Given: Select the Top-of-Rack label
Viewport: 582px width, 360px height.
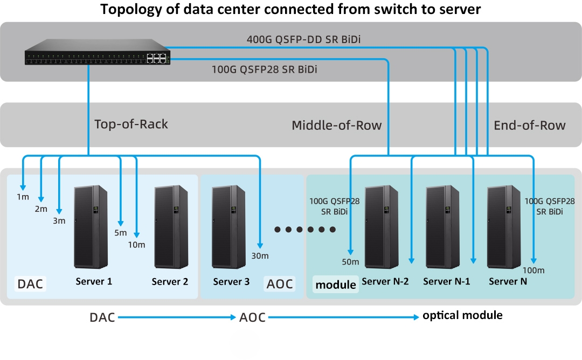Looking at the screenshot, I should (131, 124).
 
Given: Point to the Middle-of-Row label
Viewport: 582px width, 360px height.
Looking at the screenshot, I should (336, 126).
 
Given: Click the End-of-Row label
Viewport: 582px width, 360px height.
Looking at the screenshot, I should (529, 126).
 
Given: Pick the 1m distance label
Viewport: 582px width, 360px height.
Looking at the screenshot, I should (23, 197).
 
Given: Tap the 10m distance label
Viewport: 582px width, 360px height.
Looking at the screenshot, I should (137, 245).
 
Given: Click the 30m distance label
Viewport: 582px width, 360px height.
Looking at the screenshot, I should (260, 255).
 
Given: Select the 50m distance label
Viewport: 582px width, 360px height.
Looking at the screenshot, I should (350, 262).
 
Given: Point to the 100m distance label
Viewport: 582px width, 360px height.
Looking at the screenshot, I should (533, 270).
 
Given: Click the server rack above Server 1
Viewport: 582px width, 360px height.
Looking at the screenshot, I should (91, 226).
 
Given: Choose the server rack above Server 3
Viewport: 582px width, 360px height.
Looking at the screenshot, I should (229, 226).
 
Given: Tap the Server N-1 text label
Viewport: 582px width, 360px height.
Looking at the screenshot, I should (447, 281).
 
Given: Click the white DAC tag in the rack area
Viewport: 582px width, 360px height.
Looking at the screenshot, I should (30, 283).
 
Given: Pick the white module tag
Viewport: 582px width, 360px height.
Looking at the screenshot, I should (336, 284).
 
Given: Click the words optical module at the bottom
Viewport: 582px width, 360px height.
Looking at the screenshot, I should (462, 315).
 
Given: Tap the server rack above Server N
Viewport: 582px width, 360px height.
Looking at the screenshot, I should (505, 226).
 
